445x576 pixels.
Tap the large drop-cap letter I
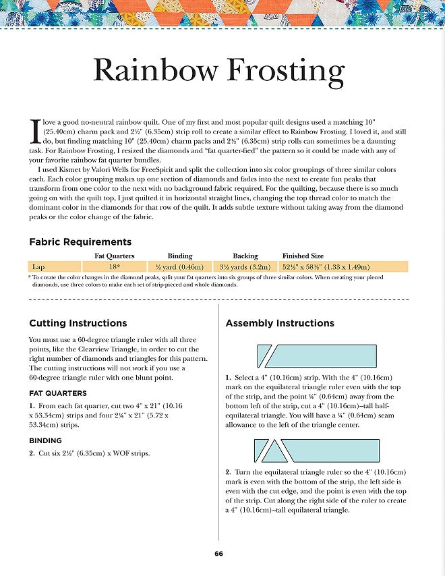36,131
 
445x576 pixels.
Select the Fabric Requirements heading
80,241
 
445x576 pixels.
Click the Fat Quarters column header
115,256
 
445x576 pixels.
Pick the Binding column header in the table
180,256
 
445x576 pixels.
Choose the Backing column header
245,256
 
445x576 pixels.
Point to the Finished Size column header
303,256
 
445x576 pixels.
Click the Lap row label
38,266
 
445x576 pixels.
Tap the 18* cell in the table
115,266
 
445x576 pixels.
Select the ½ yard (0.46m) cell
180,266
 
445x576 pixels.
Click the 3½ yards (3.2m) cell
246,266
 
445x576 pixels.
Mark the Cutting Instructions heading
78,323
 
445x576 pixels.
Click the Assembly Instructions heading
280,323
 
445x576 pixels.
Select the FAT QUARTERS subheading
58,393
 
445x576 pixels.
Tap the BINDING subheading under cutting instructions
46,440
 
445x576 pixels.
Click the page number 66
218,554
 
